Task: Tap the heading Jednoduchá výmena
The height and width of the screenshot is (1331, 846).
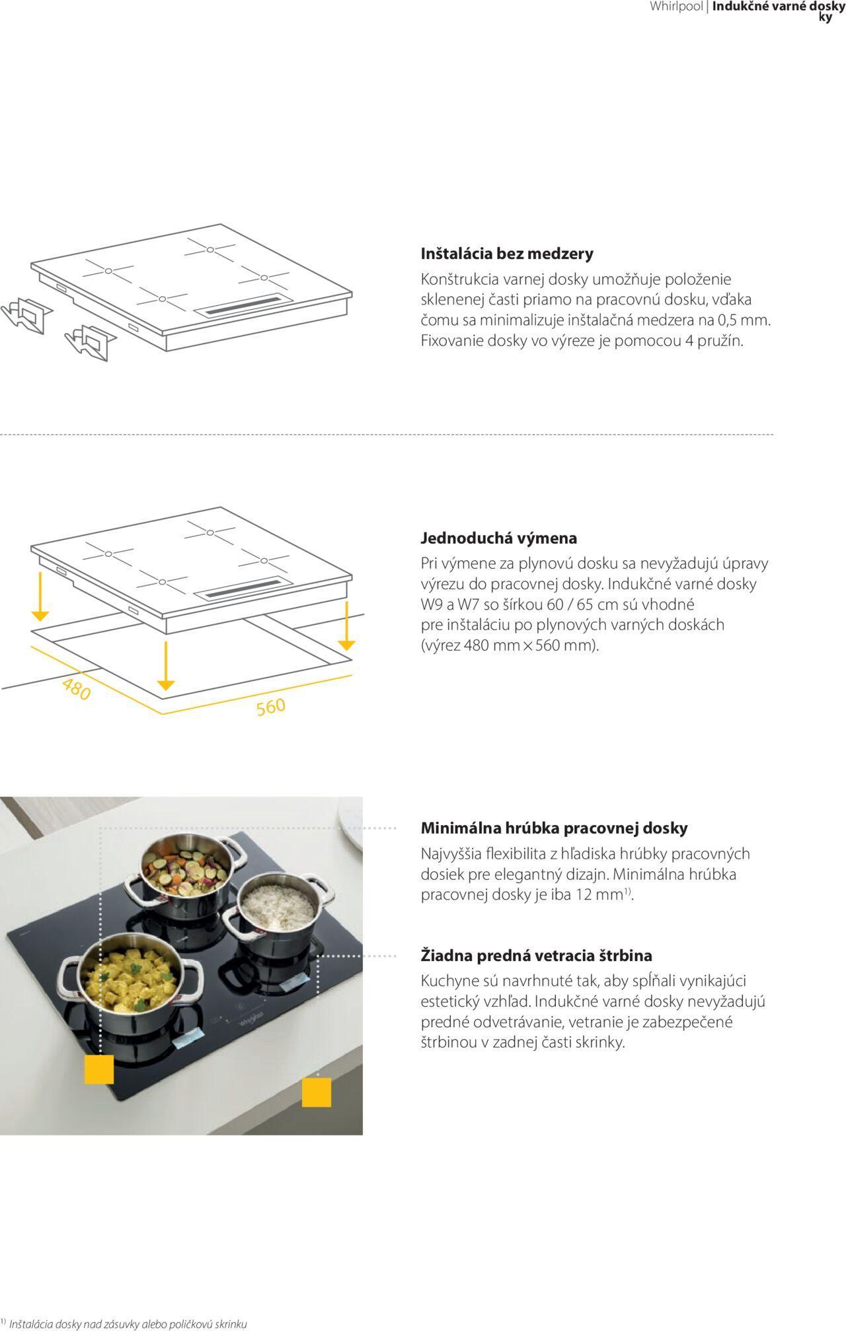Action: click(x=499, y=538)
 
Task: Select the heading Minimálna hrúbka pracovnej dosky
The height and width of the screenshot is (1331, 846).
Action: click(x=554, y=828)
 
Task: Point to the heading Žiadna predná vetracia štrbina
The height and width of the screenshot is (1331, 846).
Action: click(x=537, y=955)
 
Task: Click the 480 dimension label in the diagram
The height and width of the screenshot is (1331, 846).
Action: click(x=76, y=690)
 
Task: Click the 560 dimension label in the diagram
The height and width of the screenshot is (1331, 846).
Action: click(x=271, y=707)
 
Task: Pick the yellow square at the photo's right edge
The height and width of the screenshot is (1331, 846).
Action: click(x=317, y=1092)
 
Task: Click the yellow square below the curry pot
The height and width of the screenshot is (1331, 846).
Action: click(x=99, y=1069)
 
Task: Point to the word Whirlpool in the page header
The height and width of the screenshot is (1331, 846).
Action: click(x=676, y=7)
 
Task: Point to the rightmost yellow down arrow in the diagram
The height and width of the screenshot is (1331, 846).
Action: click(x=346, y=625)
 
